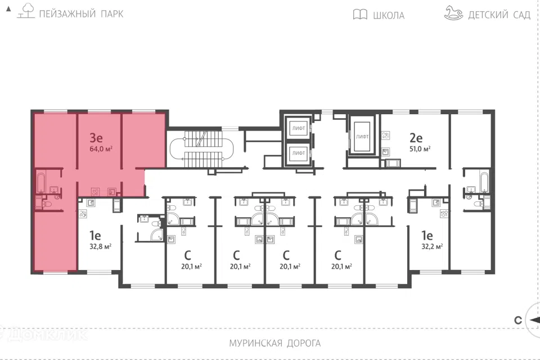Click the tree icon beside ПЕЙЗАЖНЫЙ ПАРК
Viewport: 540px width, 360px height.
pos(26,11)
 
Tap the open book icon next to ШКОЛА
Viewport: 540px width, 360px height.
pos(360,15)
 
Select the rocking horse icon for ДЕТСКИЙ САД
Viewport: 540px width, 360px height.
pos(453,13)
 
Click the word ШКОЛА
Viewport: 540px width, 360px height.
pos(389,15)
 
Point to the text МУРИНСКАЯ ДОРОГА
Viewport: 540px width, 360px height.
pos(275,343)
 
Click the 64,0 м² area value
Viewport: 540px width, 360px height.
pos(101,149)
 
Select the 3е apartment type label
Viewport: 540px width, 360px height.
pos(96,138)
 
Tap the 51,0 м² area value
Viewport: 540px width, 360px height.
pos(420,149)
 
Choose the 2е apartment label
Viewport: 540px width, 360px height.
pos(416,138)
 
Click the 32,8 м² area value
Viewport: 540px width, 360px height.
pos(100,247)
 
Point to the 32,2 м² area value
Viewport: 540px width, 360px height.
pos(432,247)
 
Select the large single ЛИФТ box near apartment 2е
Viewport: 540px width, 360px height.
pos(362,137)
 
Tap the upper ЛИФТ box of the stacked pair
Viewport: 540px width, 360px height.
pos(298,128)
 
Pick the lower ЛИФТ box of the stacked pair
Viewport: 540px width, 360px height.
pos(298,153)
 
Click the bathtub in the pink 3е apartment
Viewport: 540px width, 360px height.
pos(41,182)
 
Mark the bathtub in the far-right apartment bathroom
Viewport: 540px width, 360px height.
pos(484,182)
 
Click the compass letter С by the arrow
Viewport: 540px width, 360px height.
pos(518,321)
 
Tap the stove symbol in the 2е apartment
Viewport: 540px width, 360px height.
pos(386,136)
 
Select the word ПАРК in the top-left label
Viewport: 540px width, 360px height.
pos(112,13)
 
